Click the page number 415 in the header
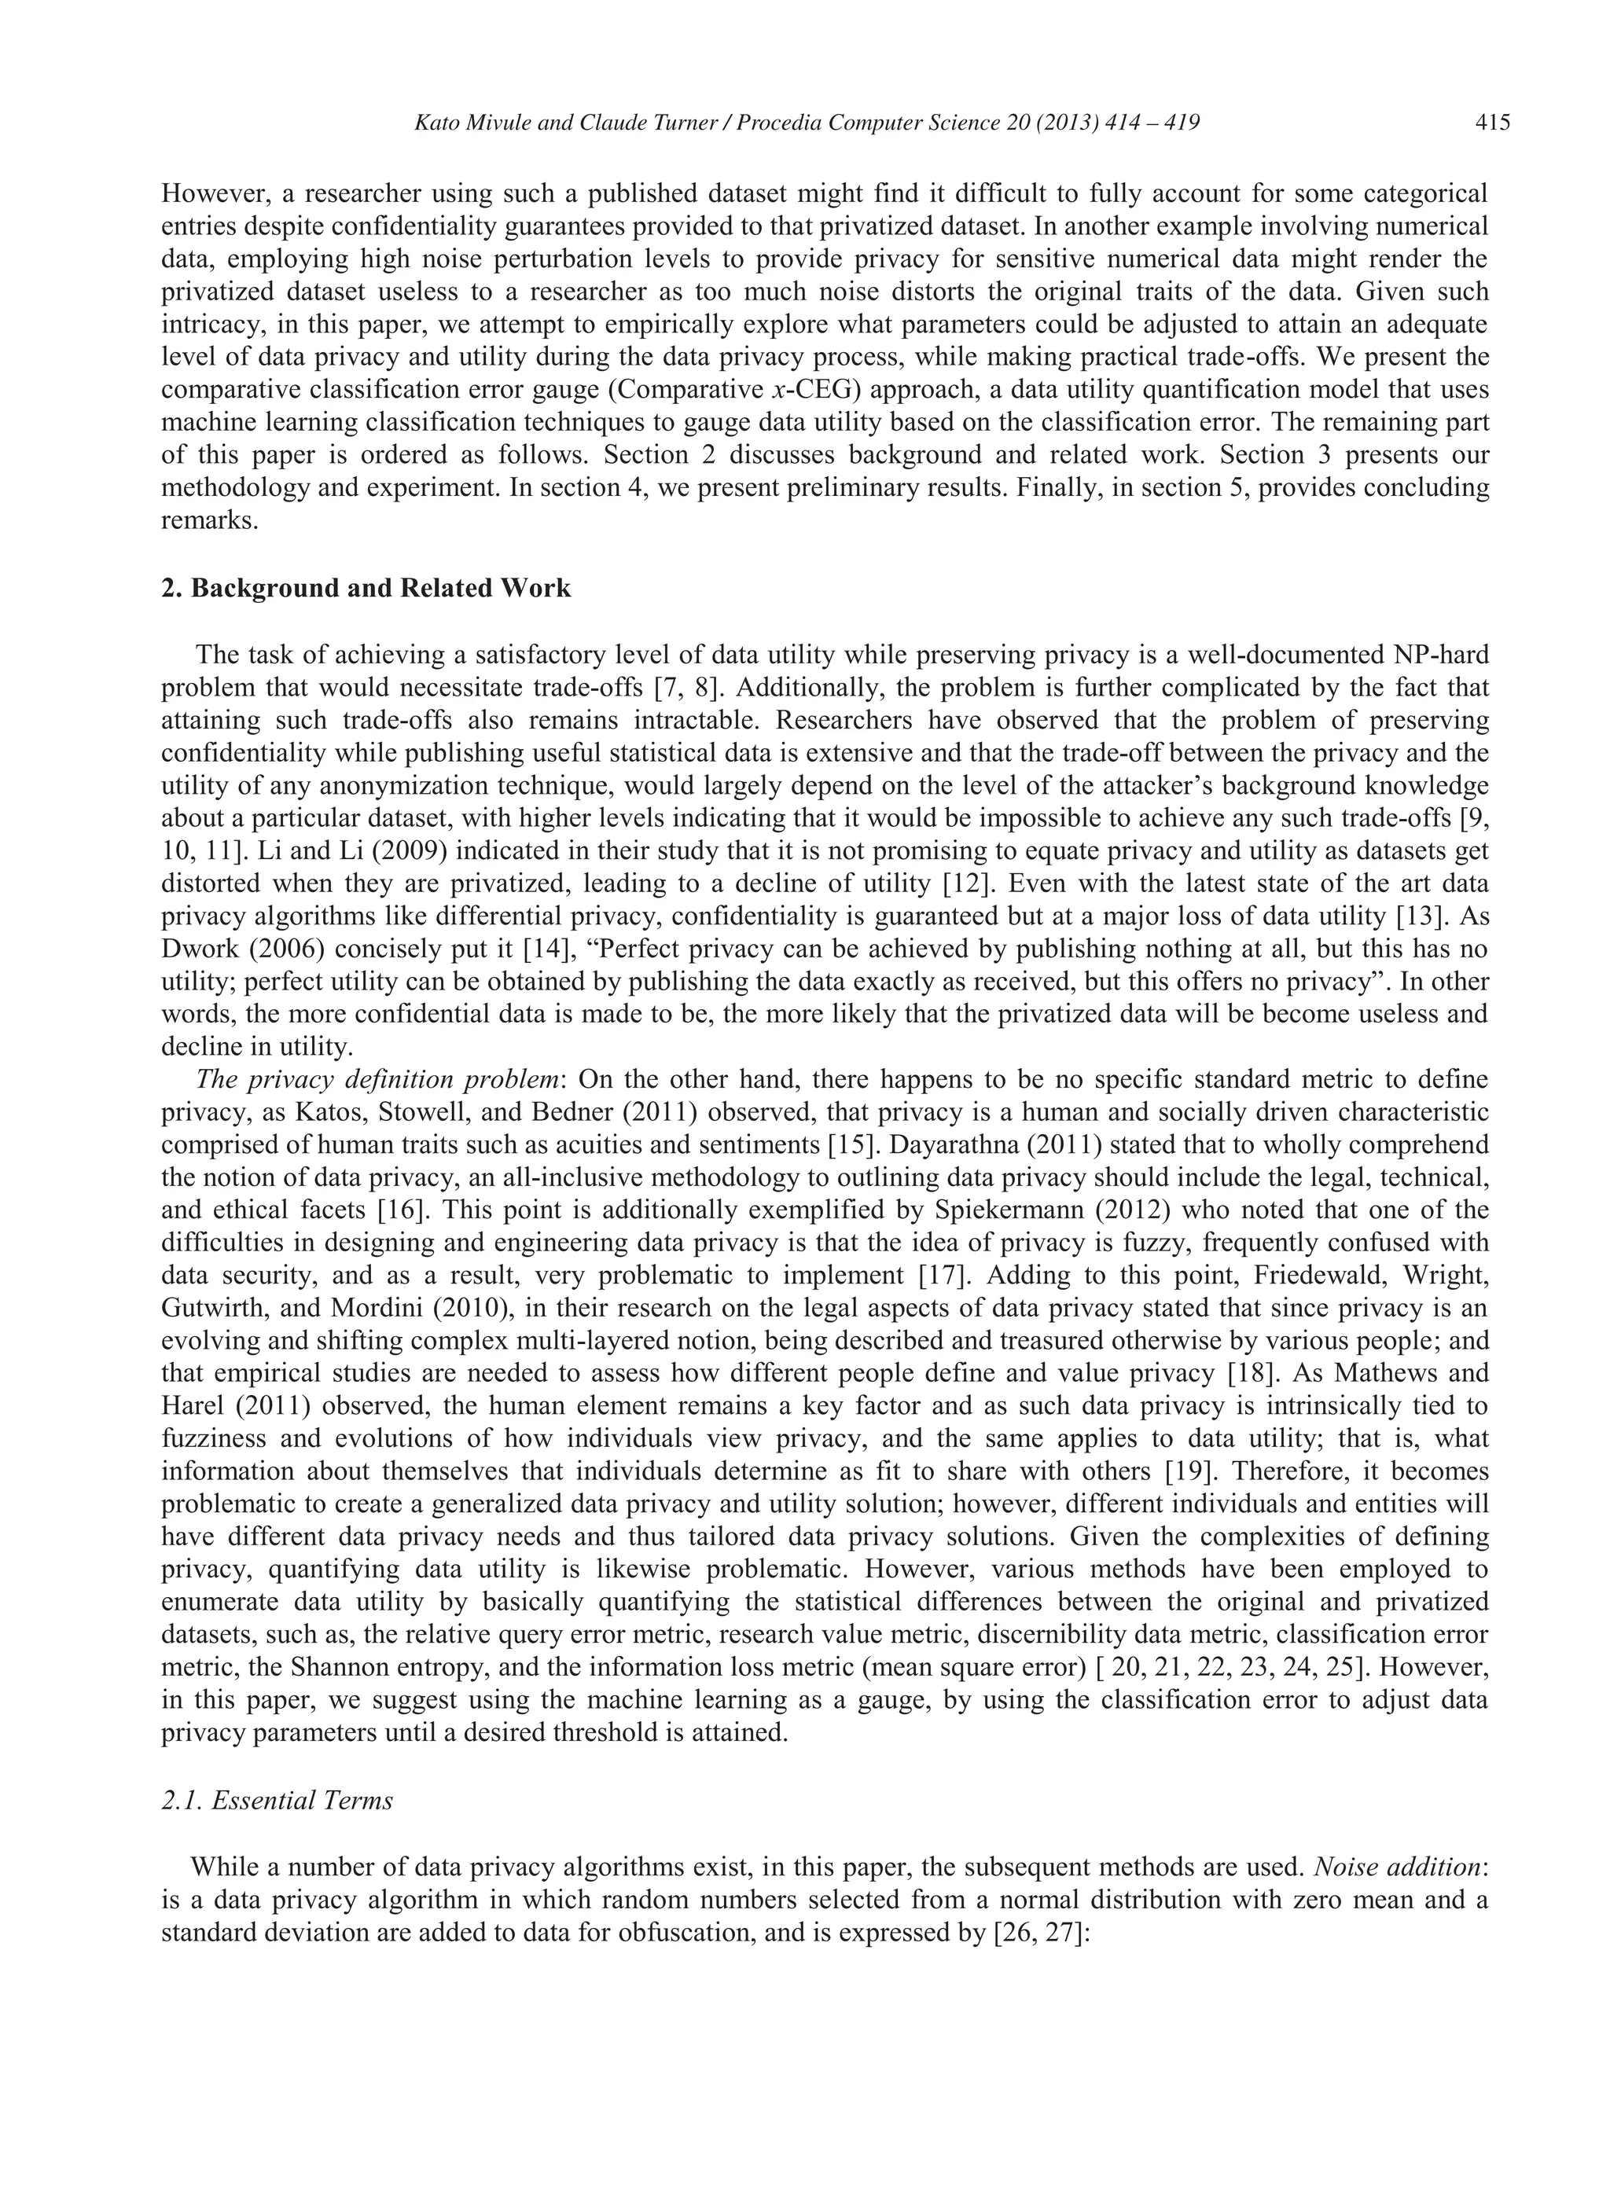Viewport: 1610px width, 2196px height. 1492,123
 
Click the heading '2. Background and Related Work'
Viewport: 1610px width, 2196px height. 366,589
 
